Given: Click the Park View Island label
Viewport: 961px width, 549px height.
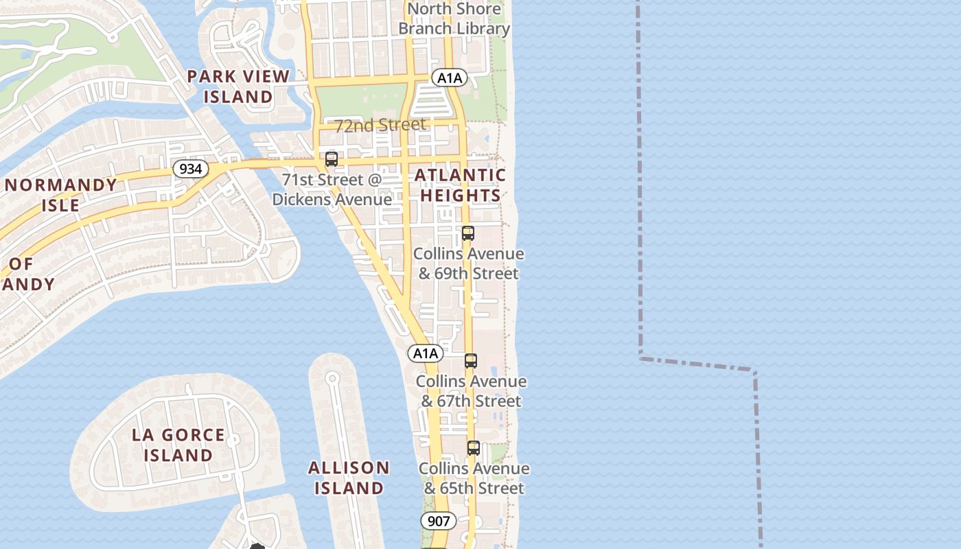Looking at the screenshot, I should tap(238, 86).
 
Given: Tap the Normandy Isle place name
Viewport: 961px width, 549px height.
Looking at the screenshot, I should tap(61, 195).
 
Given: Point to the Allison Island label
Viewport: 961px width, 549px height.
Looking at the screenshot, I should tap(349, 478).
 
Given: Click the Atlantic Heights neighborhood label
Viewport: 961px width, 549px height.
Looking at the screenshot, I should tap(460, 185).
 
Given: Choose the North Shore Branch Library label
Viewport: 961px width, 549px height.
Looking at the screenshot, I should tap(454, 19).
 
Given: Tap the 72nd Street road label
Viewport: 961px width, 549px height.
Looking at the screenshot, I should tap(380, 125).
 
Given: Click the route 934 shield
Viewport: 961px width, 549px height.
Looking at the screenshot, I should tap(190, 169).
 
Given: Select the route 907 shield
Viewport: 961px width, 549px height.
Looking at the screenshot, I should tap(438, 521).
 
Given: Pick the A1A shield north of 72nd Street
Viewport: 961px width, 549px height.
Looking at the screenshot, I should tap(450, 78).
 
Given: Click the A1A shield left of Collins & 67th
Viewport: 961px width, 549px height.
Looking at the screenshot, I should tap(426, 353).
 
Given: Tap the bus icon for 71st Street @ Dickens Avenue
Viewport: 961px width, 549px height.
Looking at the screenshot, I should tap(332, 159).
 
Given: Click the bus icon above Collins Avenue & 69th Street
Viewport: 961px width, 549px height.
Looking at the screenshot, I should tap(468, 233).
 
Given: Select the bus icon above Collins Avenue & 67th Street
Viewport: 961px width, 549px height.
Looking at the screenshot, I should tap(470, 361).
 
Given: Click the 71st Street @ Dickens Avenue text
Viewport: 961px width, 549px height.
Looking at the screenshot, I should tap(332, 189).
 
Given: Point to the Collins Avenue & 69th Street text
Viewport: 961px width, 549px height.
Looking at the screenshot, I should tap(468, 264).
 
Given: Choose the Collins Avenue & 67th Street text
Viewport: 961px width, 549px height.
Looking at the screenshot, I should tap(471, 391).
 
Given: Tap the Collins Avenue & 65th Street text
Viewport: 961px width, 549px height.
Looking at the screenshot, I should tap(474, 478).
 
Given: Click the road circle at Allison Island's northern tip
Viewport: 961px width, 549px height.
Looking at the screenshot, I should tap(333, 377).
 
